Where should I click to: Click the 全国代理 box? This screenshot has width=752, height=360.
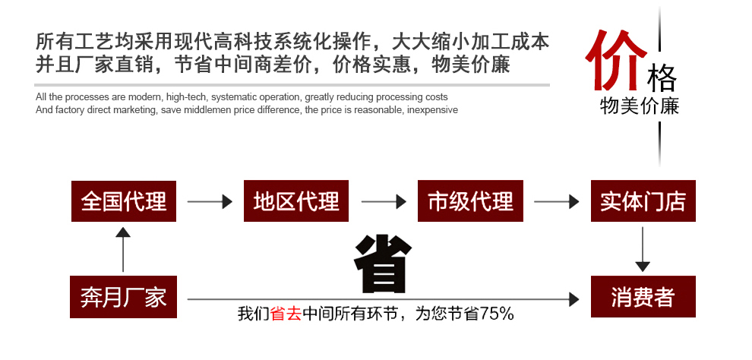tap(123, 201)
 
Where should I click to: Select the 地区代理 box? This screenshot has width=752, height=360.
tap(296, 201)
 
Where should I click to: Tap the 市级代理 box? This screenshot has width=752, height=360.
tap(470, 201)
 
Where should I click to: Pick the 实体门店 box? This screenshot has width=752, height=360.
tap(643, 201)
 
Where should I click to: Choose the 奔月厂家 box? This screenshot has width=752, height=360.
tap(123, 297)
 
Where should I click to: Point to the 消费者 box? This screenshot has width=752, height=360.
tap(643, 297)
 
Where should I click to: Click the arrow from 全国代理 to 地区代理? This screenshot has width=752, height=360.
tap(209, 202)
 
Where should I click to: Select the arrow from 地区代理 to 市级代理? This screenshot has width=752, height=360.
tap(383, 202)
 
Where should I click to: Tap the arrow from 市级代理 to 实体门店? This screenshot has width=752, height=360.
tap(556, 202)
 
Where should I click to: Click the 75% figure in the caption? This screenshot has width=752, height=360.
tap(497, 313)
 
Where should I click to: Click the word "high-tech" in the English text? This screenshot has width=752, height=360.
tap(186, 97)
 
